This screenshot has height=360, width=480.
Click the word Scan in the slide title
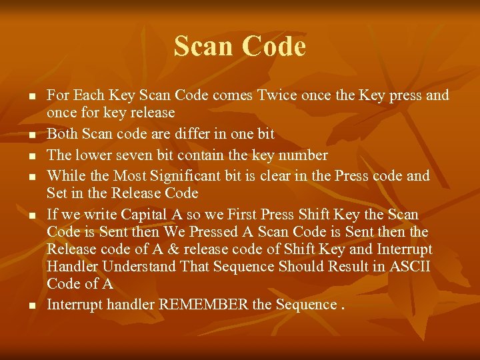(205, 47)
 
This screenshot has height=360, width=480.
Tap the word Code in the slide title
(275, 47)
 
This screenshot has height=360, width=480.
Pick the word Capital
(144, 215)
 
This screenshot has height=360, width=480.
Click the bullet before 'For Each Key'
(31, 97)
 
